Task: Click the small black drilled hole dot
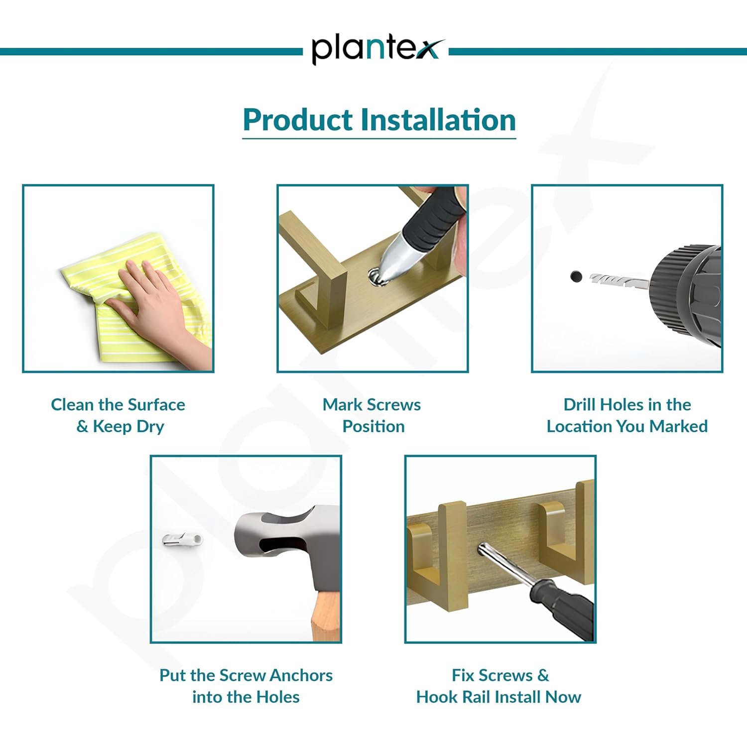click(576, 276)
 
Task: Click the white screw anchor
click(183, 539)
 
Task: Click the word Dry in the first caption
click(150, 427)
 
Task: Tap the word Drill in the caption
click(580, 404)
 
